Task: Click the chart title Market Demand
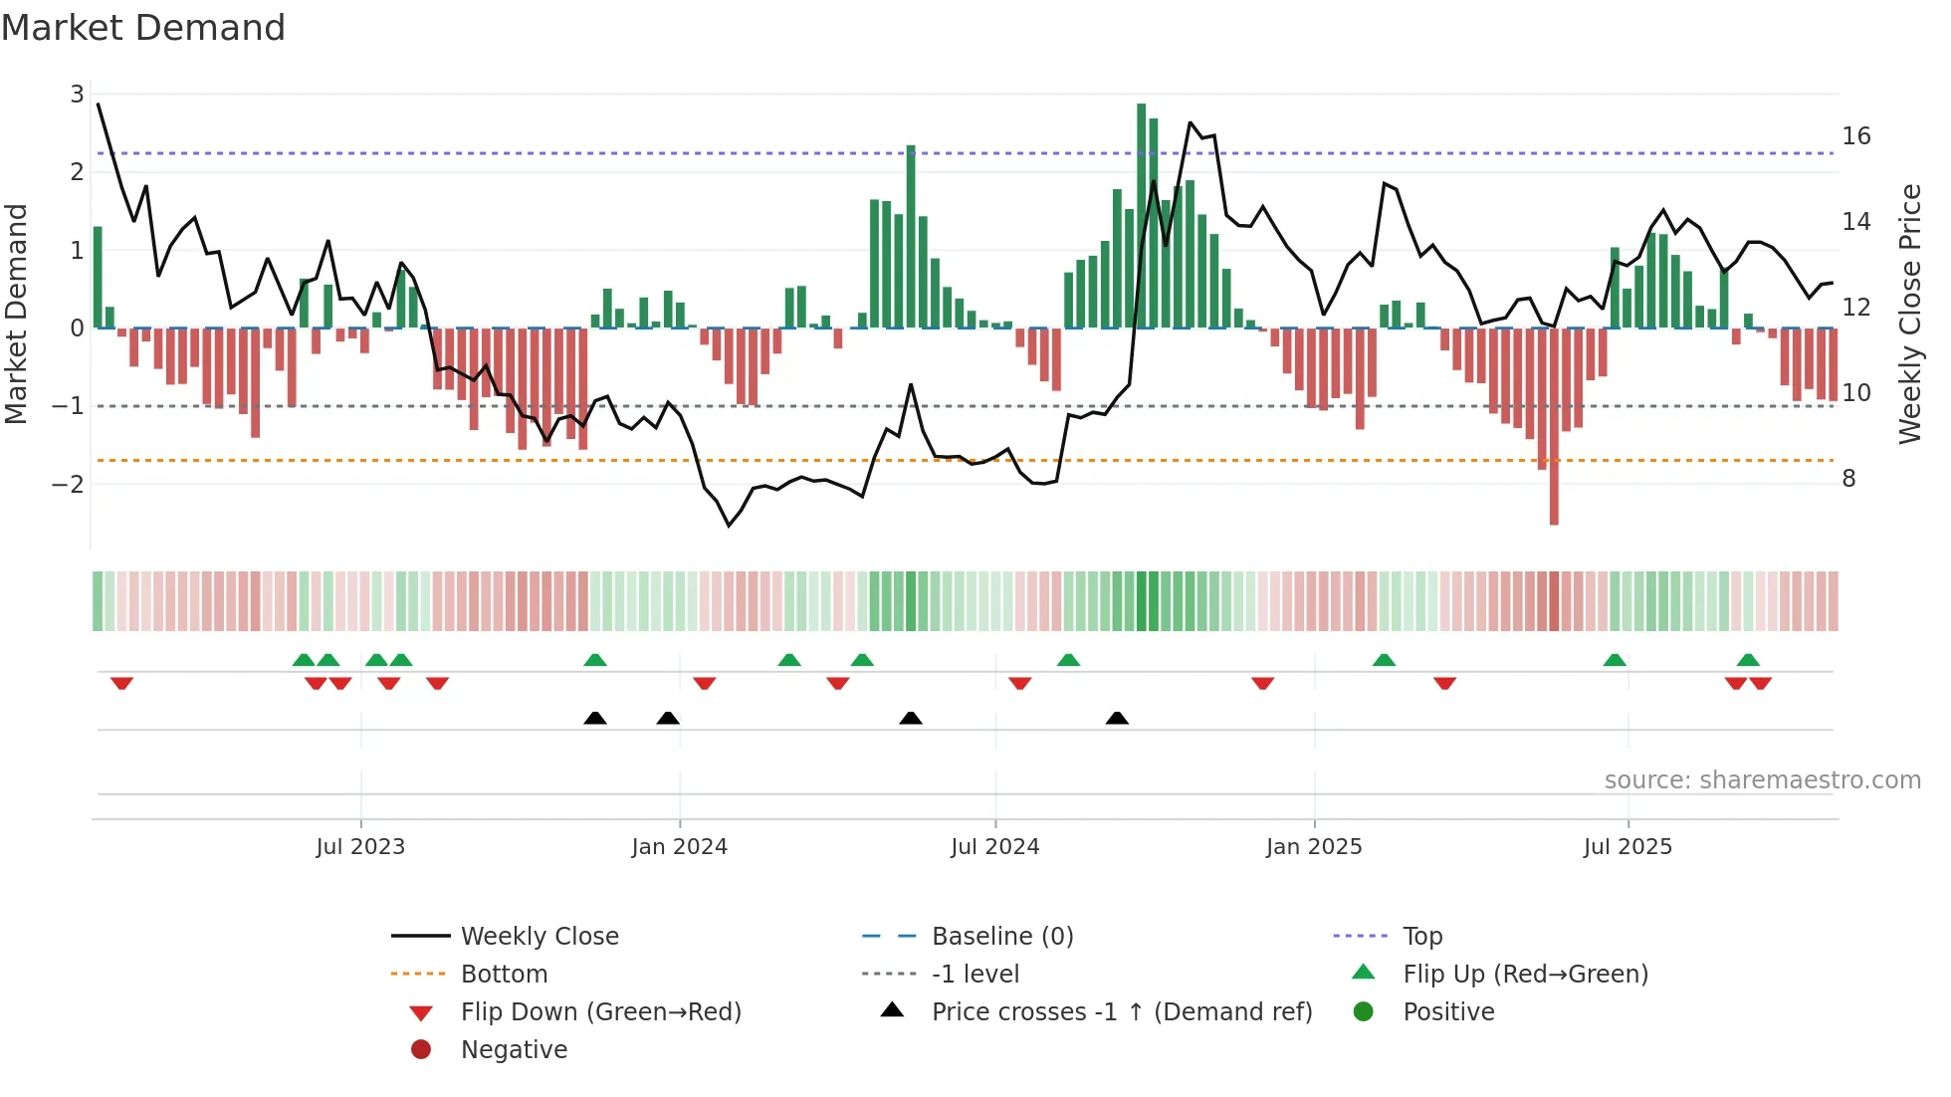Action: [143, 28]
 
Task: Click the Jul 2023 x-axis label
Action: [360, 847]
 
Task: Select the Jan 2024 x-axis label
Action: [680, 847]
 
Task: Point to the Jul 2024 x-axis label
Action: [995, 847]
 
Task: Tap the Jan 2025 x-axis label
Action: [1314, 847]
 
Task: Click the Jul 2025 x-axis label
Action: [1628, 847]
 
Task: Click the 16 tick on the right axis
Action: [1856, 136]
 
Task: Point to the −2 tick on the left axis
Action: [69, 485]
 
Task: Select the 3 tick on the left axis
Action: [77, 95]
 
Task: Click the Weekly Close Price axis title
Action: [1909, 314]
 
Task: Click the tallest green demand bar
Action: [1142, 214]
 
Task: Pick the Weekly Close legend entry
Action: [539, 937]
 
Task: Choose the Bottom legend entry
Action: [504, 975]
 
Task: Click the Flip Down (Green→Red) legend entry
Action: [600, 1012]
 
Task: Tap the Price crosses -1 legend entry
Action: [1122, 1012]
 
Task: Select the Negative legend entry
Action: [514, 1050]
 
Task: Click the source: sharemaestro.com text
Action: [1762, 780]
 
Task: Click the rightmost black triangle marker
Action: [1117, 718]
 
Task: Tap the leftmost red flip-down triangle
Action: [122, 683]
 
